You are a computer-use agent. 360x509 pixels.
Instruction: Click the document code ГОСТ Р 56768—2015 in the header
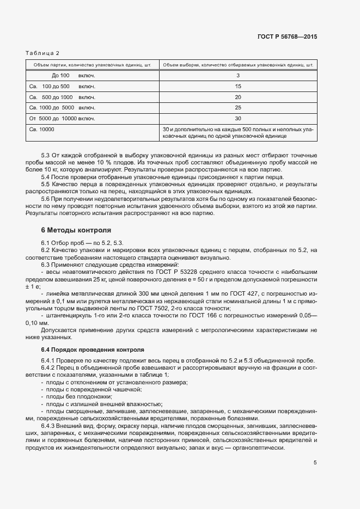pyautogui.click(x=287, y=36)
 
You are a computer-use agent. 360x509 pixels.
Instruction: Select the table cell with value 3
pyautogui.click(x=237, y=75)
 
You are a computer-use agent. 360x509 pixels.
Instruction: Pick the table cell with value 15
pyautogui.click(x=237, y=86)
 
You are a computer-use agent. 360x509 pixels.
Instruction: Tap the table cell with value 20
pyautogui.click(x=237, y=97)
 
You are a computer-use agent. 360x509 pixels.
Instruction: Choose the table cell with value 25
pyautogui.click(x=237, y=107)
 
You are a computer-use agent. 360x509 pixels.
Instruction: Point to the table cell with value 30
pyautogui.click(x=237, y=118)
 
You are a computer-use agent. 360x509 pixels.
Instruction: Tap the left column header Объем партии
pyautogui.click(x=91, y=65)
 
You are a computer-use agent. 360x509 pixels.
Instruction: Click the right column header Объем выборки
pyautogui.click(x=238, y=65)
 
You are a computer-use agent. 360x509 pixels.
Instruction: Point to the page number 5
pyautogui.click(x=315, y=463)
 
